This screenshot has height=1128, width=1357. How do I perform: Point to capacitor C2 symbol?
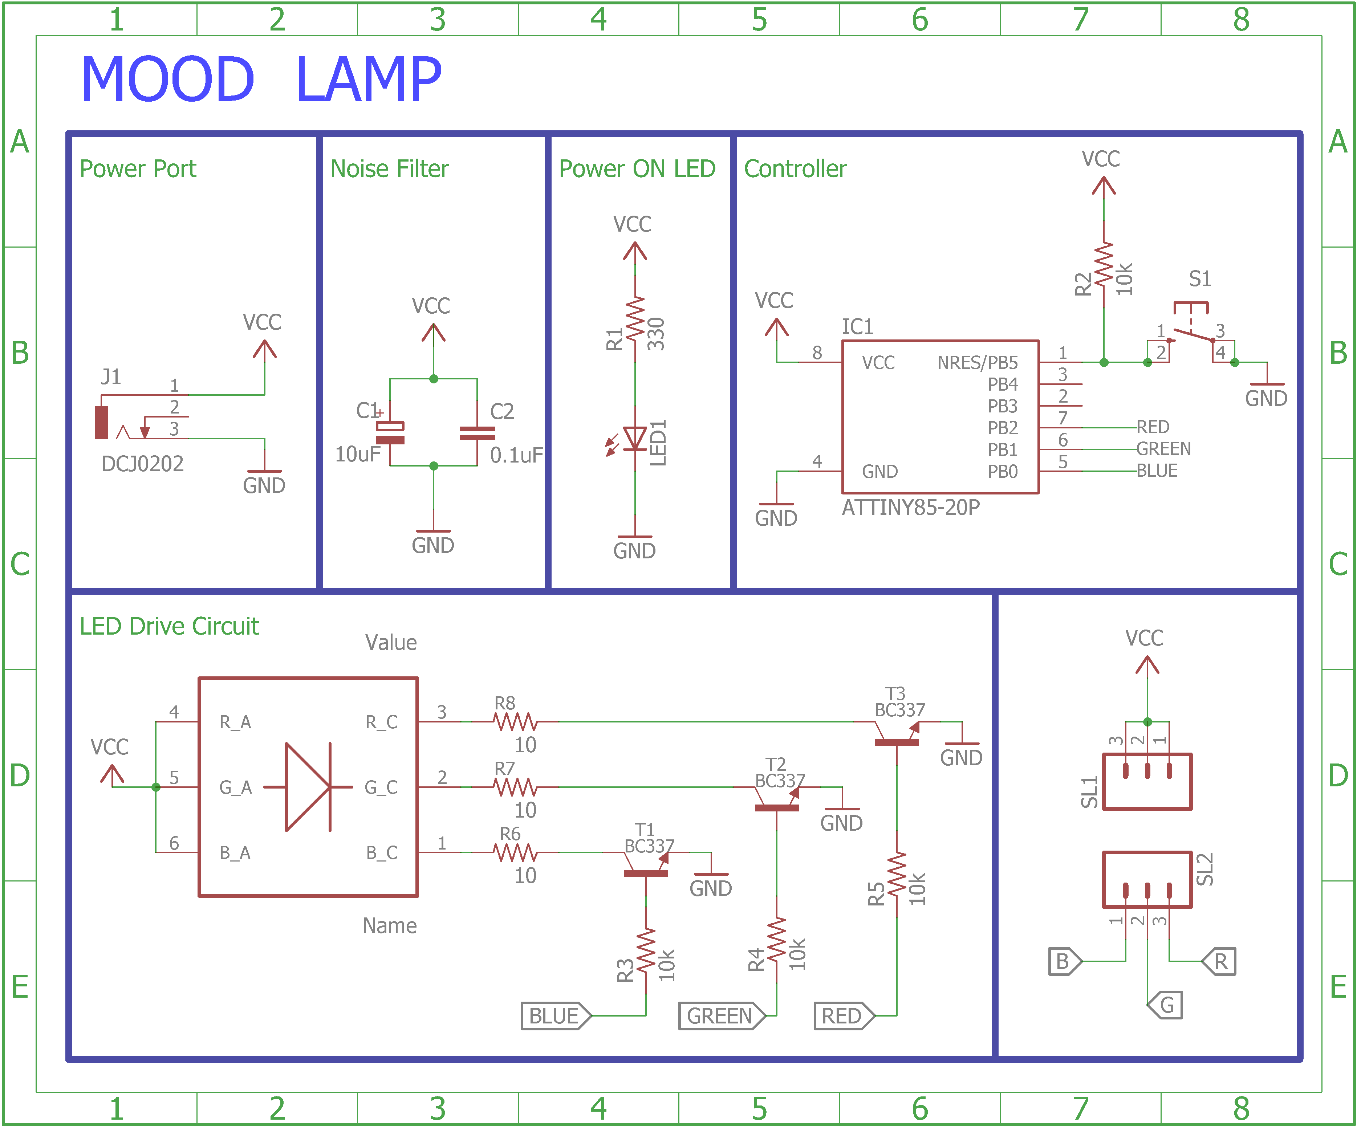click(477, 433)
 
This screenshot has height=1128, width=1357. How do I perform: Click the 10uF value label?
click(357, 454)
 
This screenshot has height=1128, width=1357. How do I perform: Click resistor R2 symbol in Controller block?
click(1104, 264)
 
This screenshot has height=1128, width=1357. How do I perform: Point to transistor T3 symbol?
click(897, 735)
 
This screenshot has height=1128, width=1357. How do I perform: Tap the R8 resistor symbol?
click(515, 722)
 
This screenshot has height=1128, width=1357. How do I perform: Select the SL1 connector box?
click(1147, 781)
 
